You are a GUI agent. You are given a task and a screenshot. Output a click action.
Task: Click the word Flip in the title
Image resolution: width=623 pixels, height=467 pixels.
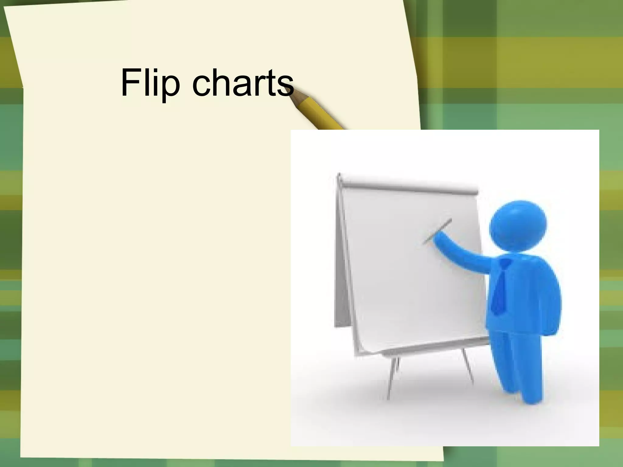click(x=150, y=83)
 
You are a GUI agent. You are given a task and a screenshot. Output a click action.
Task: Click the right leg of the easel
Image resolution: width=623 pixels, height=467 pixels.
click(x=468, y=366)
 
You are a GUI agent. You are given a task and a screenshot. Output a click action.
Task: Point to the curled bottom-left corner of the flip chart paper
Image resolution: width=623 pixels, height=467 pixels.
click(x=365, y=347)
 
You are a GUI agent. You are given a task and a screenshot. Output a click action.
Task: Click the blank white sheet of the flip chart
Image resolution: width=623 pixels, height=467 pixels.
click(x=411, y=274)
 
